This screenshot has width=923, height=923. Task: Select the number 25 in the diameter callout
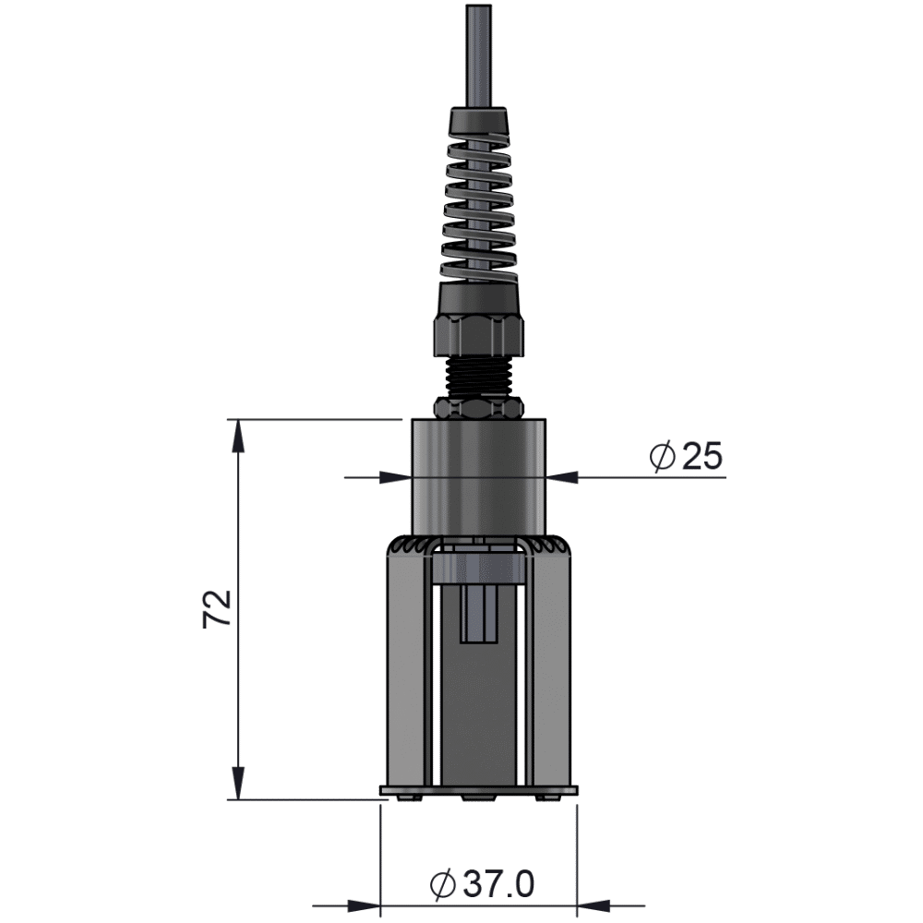coord(700,457)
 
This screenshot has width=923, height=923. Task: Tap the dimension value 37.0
coord(498,884)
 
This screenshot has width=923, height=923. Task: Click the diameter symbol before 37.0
coord(443,884)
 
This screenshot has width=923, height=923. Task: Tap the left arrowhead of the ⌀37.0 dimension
coord(365,905)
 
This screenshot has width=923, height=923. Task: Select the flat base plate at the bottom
coord(478,791)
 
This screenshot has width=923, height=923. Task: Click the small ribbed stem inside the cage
coord(478,614)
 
